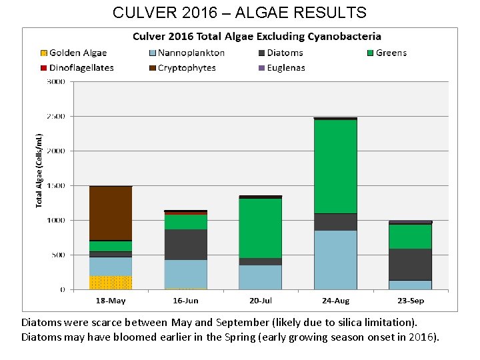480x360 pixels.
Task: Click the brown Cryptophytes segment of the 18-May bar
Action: (x=111, y=213)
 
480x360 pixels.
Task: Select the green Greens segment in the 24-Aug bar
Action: (x=335, y=167)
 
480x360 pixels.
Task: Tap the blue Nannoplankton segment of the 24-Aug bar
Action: (x=335, y=260)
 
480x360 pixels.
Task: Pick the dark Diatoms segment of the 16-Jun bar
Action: (x=186, y=245)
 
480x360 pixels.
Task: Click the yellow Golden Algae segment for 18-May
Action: (x=111, y=283)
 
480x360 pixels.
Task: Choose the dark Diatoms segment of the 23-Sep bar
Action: (x=411, y=264)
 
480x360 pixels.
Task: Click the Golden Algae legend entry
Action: (x=73, y=53)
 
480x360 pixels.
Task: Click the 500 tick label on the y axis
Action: (x=58, y=255)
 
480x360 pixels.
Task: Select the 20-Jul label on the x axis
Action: (x=261, y=301)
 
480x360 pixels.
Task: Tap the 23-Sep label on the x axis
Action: (x=411, y=301)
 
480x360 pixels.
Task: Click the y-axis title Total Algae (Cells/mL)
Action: (x=39, y=169)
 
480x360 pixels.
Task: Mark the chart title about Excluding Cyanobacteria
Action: (x=257, y=37)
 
